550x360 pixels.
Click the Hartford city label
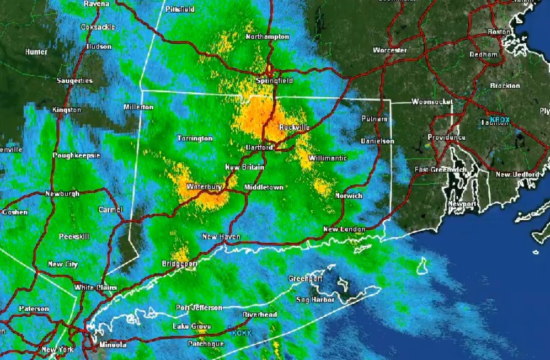[x=259, y=147]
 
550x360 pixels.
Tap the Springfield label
[x=274, y=82]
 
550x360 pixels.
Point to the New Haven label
[x=221, y=236]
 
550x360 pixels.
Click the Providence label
[x=447, y=137]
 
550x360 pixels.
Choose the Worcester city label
[x=389, y=50]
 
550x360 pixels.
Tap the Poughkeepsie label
[x=77, y=154]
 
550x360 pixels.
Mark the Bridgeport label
[x=179, y=264]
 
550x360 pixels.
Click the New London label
[x=344, y=229]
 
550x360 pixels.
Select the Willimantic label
[x=327, y=158]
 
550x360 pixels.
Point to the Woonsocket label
[x=432, y=102]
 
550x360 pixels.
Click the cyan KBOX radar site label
[x=500, y=119]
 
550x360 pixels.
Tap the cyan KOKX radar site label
[x=241, y=333]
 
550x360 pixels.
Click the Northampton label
[x=268, y=36]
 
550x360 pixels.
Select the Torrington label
[x=194, y=138]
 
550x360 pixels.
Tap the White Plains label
[x=92, y=287]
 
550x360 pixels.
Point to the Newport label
[x=462, y=204]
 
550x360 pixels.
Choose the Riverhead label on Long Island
[x=260, y=314]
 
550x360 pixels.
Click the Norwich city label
[x=349, y=196]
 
